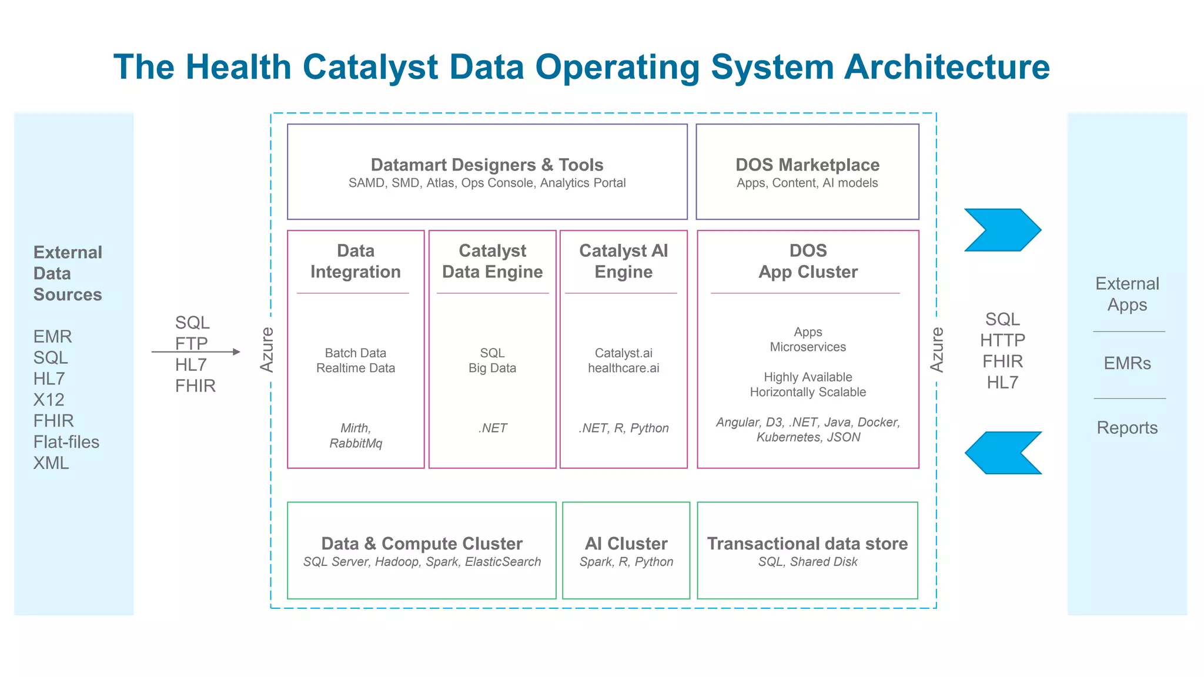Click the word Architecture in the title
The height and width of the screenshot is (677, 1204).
(947, 67)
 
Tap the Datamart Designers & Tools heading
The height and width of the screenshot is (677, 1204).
(487, 165)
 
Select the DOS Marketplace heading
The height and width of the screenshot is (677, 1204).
(807, 165)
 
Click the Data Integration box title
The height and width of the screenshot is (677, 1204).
(356, 262)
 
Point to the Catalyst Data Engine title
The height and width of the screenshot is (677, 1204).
(492, 262)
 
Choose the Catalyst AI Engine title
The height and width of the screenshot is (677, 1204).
(623, 262)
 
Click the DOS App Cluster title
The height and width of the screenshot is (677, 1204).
(808, 262)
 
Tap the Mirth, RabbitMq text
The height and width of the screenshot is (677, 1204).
(356, 435)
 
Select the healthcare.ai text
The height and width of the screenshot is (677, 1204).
(623, 368)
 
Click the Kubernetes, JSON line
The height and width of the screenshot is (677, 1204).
(808, 437)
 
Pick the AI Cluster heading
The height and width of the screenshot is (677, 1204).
(626, 544)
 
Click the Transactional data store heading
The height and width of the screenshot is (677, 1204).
(807, 544)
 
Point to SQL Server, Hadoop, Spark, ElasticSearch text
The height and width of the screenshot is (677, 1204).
(422, 562)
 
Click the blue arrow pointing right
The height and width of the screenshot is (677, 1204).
(1002, 230)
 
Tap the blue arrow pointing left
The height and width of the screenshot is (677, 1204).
(1002, 453)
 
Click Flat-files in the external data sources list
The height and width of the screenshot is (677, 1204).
(66, 442)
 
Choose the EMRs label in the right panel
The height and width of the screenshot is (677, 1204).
(1127, 363)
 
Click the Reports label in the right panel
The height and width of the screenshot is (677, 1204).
(1127, 428)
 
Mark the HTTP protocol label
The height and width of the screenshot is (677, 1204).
(1002, 340)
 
